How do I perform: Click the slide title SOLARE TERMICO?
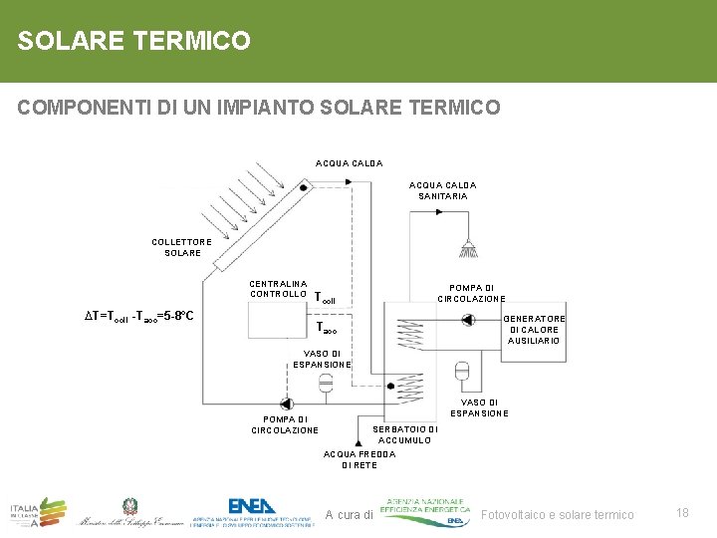[x=133, y=41]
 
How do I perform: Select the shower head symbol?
[x=465, y=247]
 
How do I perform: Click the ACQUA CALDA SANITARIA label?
[x=442, y=190]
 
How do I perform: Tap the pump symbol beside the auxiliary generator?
[x=465, y=321]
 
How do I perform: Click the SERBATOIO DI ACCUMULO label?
[x=404, y=434]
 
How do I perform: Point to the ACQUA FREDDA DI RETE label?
[x=359, y=459]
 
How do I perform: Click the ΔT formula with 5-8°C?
[x=138, y=317]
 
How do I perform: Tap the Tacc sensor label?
[x=327, y=328]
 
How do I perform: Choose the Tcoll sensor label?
[x=325, y=298]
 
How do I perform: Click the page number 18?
[x=682, y=512]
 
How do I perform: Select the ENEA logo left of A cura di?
[x=253, y=509]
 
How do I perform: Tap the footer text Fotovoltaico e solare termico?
[x=557, y=514]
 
